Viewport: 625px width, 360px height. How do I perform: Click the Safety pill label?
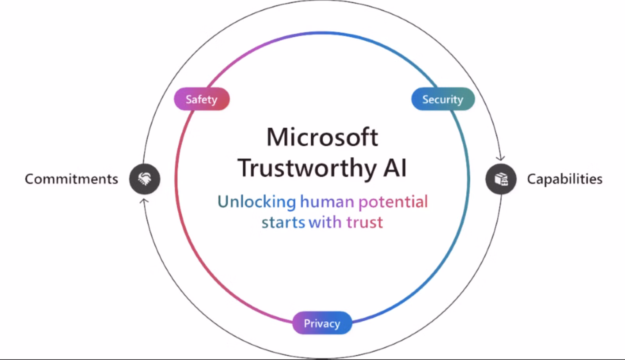202,99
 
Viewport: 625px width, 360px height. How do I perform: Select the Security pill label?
443,99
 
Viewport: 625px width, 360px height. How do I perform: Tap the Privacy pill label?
322,323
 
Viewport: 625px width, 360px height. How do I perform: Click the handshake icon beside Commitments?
145,179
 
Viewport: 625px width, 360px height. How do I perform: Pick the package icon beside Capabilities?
501,179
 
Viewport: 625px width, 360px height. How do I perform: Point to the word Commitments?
71,179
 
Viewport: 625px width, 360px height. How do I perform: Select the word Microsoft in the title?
322,137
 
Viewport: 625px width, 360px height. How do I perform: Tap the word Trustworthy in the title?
307,168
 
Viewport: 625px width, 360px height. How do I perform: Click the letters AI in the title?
395,168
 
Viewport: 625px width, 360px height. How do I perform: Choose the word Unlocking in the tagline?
257,202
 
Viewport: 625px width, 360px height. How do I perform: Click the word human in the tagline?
327,201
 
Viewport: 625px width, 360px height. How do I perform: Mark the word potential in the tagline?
393,202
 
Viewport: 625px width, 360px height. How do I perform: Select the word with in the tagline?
325,222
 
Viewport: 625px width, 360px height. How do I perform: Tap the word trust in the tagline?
364,223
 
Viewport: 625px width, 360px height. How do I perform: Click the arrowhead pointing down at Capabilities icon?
500,159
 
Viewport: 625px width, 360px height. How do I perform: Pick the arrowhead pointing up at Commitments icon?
144,200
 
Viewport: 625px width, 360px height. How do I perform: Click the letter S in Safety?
189,99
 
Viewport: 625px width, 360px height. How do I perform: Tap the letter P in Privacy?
307,323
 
